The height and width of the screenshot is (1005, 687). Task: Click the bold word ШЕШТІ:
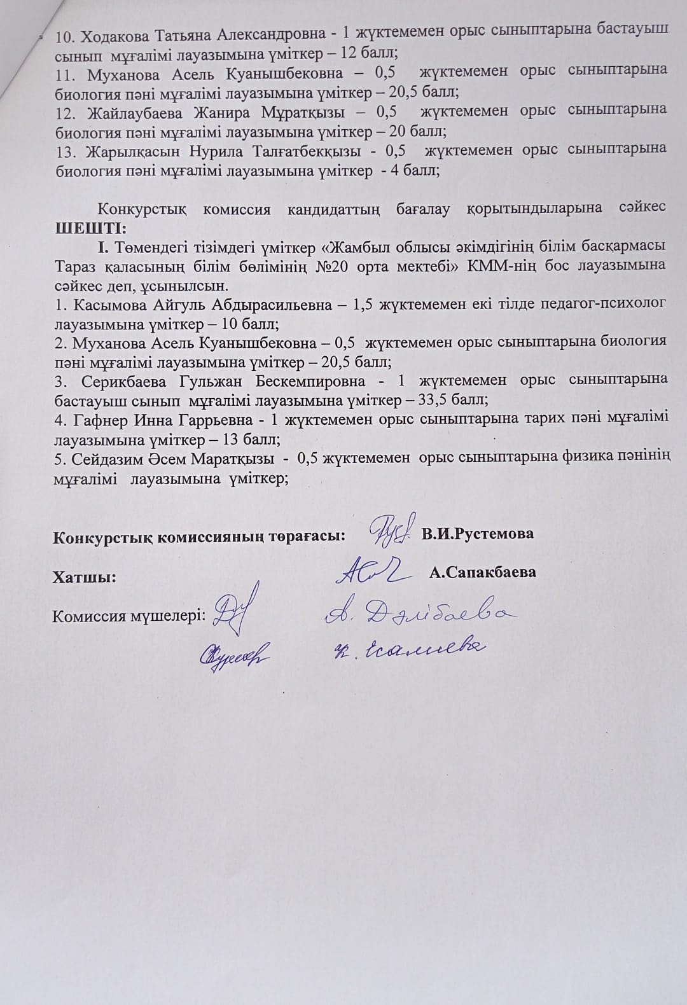tap(90, 227)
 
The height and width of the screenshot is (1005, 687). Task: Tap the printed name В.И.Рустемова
tap(478, 534)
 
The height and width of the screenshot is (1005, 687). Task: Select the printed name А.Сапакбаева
tap(482, 572)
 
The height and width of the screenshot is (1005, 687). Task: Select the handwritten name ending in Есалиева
tap(411, 648)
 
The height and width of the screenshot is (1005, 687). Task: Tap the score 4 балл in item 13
tap(415, 170)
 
